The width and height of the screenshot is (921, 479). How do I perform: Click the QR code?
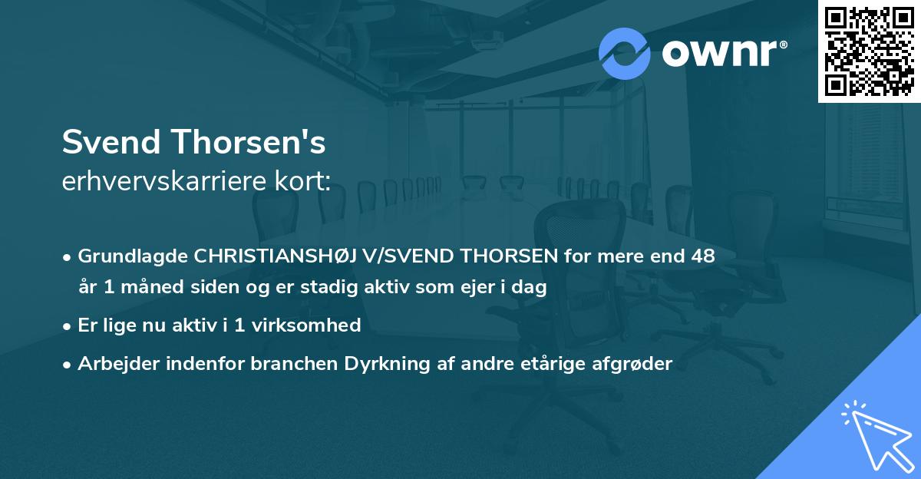click(x=869, y=51)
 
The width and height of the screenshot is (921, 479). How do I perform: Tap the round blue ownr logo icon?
click(x=624, y=54)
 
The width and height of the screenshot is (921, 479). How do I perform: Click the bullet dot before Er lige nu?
click(x=68, y=326)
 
